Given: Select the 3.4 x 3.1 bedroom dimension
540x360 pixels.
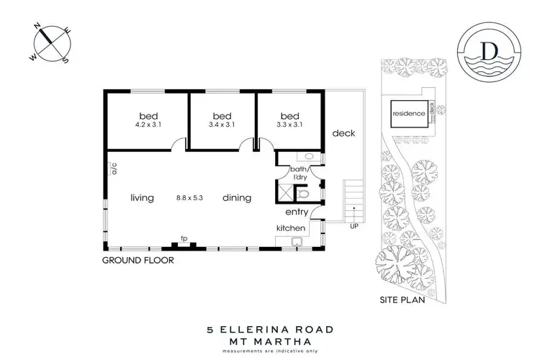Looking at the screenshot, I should point(222,125).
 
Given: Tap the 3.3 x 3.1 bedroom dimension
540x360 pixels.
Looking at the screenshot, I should point(289,125).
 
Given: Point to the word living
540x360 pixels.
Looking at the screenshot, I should point(142,197).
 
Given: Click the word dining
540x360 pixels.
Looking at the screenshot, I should point(236,197).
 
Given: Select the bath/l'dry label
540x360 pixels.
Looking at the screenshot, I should point(299,173).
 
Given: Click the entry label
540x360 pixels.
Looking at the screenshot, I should point(297,212).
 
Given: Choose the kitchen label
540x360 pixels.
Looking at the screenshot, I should point(292,228).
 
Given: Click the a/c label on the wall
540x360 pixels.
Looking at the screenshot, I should point(114,170).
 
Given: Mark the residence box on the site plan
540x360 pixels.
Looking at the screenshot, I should point(408,114).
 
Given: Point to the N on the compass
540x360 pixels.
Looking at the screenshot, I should point(39,27).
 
